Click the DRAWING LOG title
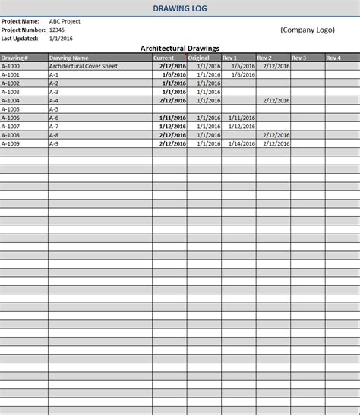click(179, 8)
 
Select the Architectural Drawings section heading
click(180, 48)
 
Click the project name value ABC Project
click(65, 21)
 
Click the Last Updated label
click(20, 38)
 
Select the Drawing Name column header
click(68, 58)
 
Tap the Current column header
click(163, 58)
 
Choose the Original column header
click(198, 58)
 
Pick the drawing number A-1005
click(11, 109)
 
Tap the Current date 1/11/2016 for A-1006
click(172, 118)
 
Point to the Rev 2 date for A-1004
click(276, 100)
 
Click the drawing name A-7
click(53, 126)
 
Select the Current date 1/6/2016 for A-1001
click(174, 74)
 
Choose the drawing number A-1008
click(11, 135)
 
